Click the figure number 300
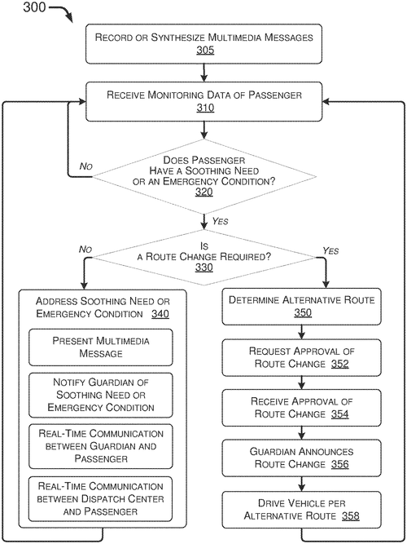coord(34,7)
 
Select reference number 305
coord(205,50)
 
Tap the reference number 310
coord(205,108)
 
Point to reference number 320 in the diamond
coord(204,192)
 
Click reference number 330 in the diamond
coord(204,268)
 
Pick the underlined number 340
coord(160,314)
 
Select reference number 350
coord(303,312)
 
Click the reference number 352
coord(339,364)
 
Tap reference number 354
coord(339,414)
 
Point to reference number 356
coord(339,464)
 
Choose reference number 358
coord(351,516)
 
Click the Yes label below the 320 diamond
coord(221,221)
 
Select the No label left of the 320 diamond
coord(86,166)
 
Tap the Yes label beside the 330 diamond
coord(330,250)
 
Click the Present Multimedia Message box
coord(101,347)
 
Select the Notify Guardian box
coord(101,395)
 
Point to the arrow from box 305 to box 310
coord(204,73)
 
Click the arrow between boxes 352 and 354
coord(302,383)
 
